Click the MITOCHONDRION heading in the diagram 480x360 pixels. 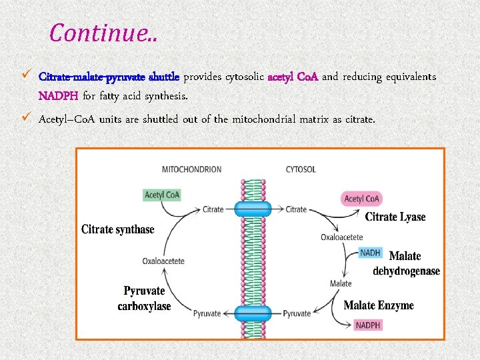tap(191, 169)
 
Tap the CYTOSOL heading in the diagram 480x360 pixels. tap(301, 169)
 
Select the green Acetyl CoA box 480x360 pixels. tap(162, 195)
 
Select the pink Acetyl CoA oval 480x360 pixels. tap(361, 199)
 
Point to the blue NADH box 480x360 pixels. tap(370, 253)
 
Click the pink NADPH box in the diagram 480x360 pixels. tap(368, 325)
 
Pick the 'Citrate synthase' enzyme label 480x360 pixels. tap(117, 229)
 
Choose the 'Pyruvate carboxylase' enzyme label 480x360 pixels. tap(144, 299)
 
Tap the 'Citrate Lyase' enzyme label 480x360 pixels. tap(395, 217)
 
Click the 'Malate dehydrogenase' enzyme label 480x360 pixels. tap(406, 263)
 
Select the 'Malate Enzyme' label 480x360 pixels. tap(378, 306)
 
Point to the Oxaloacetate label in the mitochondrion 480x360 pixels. tap(163, 261)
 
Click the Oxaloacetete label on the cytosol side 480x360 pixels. tap(342, 237)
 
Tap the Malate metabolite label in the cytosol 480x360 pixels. tap(341, 283)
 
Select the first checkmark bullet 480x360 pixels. tap(26, 76)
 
